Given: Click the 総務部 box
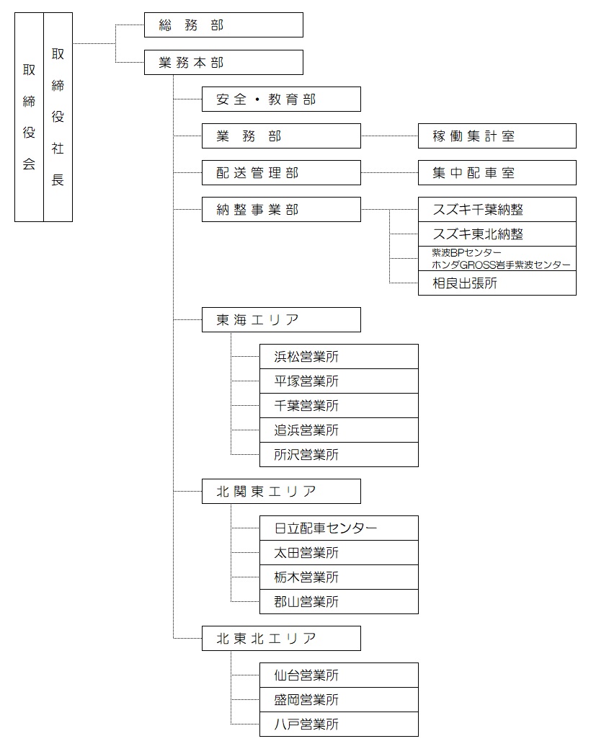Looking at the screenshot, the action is coord(223,25).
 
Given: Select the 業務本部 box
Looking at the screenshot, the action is coord(223,62).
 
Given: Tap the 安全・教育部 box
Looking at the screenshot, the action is coord(281,99).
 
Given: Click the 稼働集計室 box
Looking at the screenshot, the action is coord(497,136).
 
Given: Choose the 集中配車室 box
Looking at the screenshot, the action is coord(497,173).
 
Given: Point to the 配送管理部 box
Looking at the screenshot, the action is coord(281,173).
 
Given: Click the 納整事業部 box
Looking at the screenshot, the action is coord(281,210).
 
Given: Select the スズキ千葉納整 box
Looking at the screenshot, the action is coord(497,210).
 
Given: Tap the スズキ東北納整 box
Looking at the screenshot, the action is coord(497,234).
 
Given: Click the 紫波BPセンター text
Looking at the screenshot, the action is coord(467,253).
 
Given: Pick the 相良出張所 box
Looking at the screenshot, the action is coord(497,283).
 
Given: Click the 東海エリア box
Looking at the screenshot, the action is coord(281,320).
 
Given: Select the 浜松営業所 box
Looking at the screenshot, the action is coord(339,357).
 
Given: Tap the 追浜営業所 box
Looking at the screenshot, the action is coord(339,430).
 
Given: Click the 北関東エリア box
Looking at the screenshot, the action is coord(281,492).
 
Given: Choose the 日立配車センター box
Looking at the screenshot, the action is coord(339,528).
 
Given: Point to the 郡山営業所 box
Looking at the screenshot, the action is coord(339,602).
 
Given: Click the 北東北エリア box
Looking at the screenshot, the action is coord(281,639).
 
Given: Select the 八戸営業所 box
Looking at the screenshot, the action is coord(339,724).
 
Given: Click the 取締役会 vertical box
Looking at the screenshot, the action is coord(29,117).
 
